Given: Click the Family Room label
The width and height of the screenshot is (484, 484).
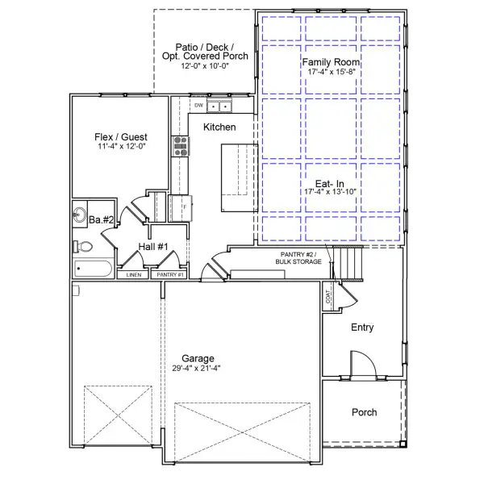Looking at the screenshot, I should click(x=331, y=62).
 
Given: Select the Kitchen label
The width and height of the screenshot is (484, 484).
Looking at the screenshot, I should click(x=219, y=127).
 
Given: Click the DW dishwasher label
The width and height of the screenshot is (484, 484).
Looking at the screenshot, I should click(x=198, y=106).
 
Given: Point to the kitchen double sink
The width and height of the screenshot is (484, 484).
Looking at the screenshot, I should click(x=219, y=106).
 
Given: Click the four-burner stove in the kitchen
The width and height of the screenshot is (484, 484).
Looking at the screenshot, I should click(x=179, y=146).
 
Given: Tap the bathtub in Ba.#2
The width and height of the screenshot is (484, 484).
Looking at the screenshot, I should click(x=94, y=269).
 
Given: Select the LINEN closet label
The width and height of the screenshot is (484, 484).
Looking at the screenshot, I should click(x=133, y=275).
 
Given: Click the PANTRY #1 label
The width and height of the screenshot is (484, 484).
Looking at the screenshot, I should click(x=170, y=275).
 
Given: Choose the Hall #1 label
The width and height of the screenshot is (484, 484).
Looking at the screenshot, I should click(x=152, y=246).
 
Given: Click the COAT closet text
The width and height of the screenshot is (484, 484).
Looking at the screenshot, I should click(x=328, y=296).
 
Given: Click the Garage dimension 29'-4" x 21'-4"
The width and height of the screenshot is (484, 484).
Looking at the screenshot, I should click(x=196, y=368).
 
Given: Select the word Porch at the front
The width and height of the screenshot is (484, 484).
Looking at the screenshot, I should click(x=364, y=412).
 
